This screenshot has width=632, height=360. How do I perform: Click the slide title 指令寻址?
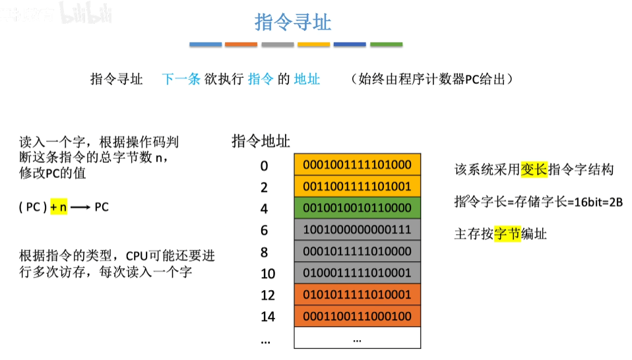293,22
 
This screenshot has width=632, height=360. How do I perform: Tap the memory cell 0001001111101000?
357,165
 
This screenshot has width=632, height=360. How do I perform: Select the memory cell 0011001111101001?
357,187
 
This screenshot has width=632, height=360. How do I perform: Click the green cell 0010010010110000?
357,208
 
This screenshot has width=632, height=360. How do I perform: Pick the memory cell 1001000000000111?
357,230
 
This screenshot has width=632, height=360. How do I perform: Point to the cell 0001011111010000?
357,251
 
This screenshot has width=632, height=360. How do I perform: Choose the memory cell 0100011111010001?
357,273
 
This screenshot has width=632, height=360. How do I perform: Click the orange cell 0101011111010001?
357,295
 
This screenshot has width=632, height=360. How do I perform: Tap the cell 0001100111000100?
357,316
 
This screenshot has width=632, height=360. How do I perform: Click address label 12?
267,295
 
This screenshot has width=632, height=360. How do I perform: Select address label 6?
264,230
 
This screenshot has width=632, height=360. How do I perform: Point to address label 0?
264,165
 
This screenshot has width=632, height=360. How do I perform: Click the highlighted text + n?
58,207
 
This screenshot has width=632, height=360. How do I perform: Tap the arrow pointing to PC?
80,207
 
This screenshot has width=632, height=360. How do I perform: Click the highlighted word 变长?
534,169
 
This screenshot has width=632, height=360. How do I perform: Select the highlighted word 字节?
507,233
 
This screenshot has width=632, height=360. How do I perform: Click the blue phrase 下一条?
181,80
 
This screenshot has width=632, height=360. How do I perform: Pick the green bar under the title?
386,45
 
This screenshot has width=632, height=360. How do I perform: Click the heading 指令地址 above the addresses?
261,140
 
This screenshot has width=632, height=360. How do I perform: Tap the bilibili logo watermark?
86,12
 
